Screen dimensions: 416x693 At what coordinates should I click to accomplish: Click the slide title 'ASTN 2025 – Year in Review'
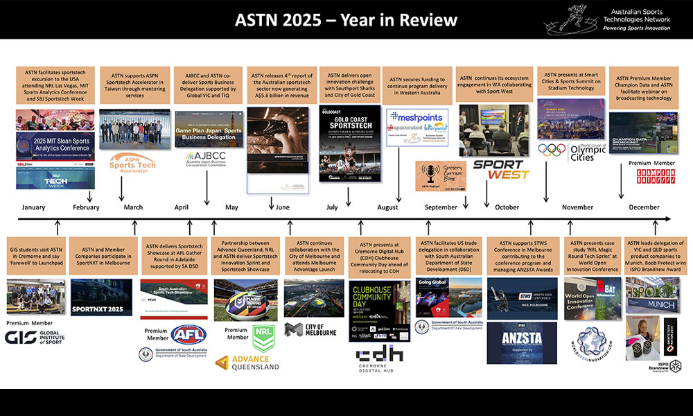click(x=346, y=19)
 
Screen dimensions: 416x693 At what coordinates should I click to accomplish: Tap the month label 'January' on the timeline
click(x=33, y=207)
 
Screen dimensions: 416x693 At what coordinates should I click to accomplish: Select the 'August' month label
click(x=388, y=207)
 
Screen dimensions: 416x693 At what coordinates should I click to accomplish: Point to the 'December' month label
click(x=644, y=207)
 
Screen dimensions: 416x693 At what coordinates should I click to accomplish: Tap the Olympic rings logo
click(x=552, y=150)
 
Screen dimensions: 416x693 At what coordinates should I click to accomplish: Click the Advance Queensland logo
click(x=247, y=363)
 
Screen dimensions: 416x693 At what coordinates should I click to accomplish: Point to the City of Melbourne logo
click(x=310, y=329)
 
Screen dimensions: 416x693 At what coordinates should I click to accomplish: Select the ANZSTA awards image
click(x=521, y=343)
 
